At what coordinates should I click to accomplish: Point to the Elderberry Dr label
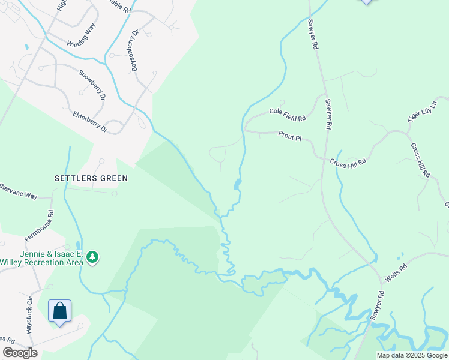pyautogui.click(x=89, y=120)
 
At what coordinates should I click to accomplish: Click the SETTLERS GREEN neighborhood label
pyautogui.click(x=91, y=178)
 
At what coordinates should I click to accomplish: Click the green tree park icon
pyautogui.click(x=92, y=257)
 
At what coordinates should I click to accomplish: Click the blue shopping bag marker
pyautogui.click(x=59, y=311)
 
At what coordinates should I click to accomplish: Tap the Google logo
pyautogui.click(x=20, y=353)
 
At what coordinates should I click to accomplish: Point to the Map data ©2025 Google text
pyautogui.click(x=412, y=355)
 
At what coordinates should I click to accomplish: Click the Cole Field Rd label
pyautogui.click(x=288, y=112)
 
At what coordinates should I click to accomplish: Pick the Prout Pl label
pyautogui.click(x=290, y=137)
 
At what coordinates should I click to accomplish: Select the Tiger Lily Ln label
pyautogui.click(x=420, y=112)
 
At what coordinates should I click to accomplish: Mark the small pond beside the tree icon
pyautogui.click(x=79, y=245)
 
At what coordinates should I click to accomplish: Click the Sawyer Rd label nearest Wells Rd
pyautogui.click(x=376, y=307)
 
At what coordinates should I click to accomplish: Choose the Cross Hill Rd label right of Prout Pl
pyautogui.click(x=348, y=161)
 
